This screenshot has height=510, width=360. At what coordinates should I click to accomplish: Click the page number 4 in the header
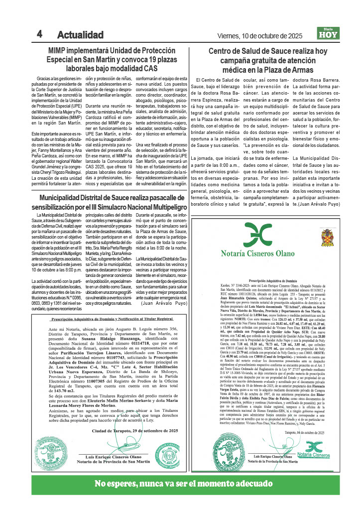coord(39,34)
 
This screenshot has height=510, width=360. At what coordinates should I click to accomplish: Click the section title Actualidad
coord(80,35)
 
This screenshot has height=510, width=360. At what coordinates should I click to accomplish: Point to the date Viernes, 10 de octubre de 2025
coord(260,35)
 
